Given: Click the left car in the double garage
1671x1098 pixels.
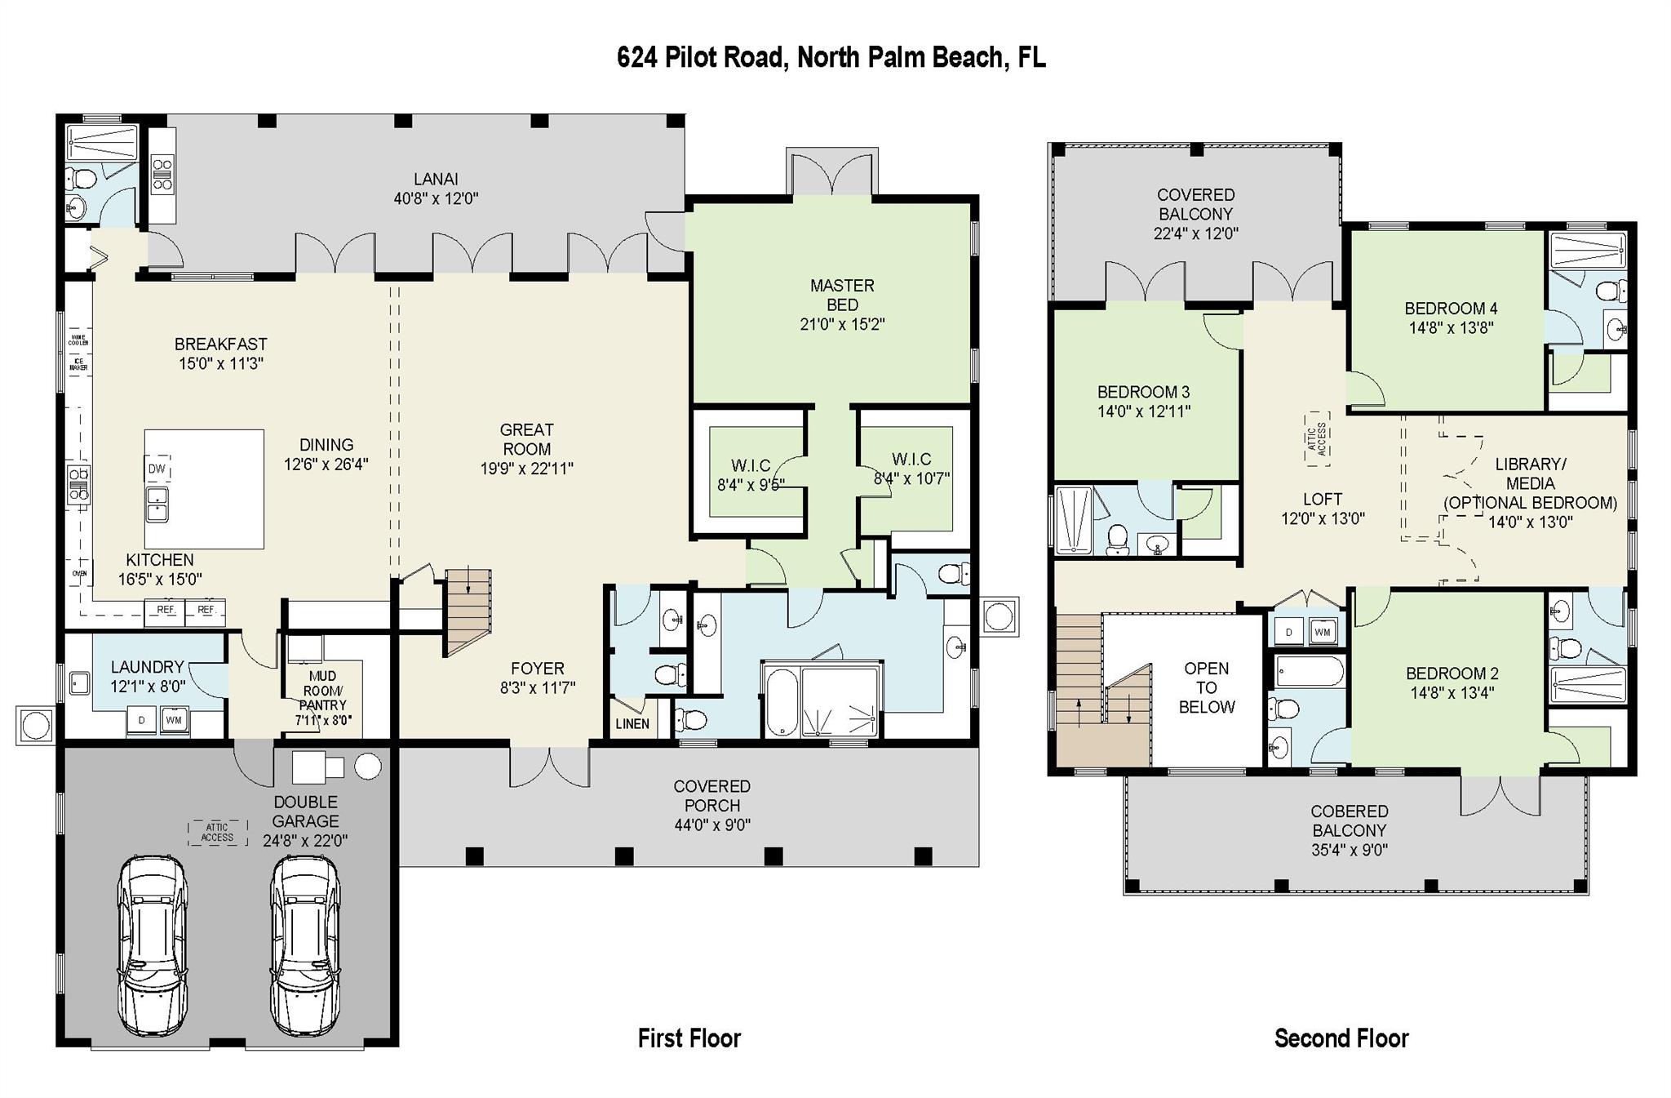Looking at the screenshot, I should (153, 944).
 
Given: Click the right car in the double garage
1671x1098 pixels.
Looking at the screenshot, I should (305, 944).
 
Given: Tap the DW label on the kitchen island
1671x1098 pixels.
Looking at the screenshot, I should (157, 469).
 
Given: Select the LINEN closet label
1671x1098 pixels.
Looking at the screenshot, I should (632, 723).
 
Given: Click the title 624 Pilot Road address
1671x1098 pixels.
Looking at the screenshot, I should (831, 58).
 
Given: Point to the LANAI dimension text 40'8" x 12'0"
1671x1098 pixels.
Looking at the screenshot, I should (436, 198).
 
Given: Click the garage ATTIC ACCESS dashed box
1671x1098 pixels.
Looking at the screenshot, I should (217, 833).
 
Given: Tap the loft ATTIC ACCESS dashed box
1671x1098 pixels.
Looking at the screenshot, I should (1316, 438).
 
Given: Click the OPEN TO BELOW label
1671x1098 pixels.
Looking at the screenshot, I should (1206, 687).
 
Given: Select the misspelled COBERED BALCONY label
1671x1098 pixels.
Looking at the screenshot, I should (1349, 830).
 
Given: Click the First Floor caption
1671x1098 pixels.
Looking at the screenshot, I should (689, 1038).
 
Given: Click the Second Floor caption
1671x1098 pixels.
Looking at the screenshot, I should (1341, 1038).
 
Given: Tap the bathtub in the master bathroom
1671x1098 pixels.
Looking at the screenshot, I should (782, 701).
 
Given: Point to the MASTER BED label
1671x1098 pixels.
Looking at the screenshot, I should (842, 295).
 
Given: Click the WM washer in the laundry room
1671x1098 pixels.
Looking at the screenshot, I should (173, 721).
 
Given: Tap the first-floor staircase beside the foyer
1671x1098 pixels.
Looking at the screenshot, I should (468, 612).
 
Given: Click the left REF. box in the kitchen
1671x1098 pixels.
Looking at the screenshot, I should (166, 611).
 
